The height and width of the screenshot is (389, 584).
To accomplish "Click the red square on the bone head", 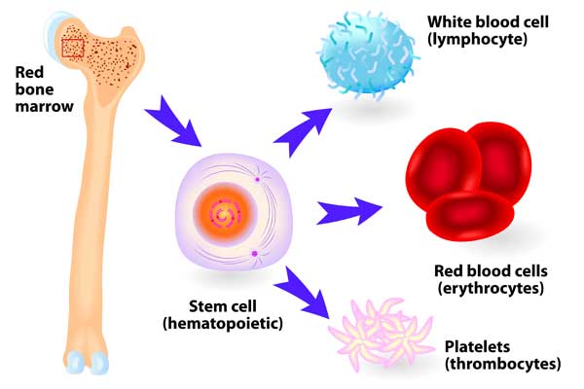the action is (x=73, y=48).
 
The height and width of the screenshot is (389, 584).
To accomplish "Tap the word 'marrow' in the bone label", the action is (x=45, y=106).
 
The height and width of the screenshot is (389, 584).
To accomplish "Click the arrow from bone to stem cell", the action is (x=173, y=122).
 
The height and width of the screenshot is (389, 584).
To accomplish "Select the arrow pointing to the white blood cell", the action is (x=303, y=131).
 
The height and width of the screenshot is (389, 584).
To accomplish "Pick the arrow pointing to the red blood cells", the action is (x=349, y=212).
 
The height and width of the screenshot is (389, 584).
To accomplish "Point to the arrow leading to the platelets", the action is (x=302, y=293).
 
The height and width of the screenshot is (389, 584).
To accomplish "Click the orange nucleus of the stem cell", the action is (x=225, y=215).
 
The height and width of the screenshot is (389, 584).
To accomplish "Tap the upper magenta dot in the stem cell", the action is (x=257, y=179).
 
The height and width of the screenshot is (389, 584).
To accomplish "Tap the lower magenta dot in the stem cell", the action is (x=254, y=254).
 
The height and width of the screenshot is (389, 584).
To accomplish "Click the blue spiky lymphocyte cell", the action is (x=368, y=55).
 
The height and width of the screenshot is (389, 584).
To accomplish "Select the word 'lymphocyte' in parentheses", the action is (x=477, y=39).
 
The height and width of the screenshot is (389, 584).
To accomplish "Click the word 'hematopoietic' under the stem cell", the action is (x=223, y=323).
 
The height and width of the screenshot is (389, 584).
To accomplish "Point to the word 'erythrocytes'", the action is (x=491, y=289).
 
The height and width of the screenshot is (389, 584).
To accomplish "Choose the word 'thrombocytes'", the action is (x=503, y=364).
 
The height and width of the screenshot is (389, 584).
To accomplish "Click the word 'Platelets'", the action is (x=477, y=346).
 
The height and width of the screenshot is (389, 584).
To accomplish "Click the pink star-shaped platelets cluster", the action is (x=382, y=334).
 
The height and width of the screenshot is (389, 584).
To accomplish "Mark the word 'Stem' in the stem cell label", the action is (x=205, y=306).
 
